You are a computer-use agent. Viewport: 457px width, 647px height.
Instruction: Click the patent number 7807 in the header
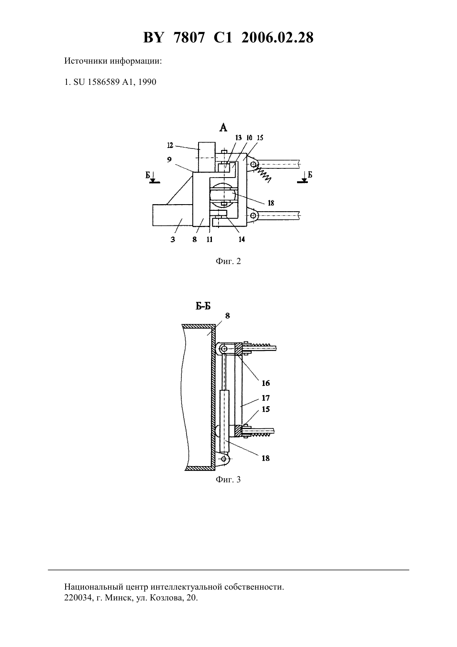[x=190, y=37]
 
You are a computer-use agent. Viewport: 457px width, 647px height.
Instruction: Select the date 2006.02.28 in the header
[x=277, y=37]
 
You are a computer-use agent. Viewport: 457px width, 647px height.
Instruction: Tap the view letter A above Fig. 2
[x=223, y=127]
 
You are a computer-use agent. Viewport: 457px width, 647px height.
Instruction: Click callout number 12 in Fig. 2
[x=170, y=145]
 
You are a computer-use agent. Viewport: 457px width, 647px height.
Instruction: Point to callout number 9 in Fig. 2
[x=169, y=159]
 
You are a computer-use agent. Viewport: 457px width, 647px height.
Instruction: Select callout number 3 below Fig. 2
[x=172, y=240]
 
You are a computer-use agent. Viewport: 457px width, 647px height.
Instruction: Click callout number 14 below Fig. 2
[x=241, y=239]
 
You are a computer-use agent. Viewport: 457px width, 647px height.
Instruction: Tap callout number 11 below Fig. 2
[x=209, y=239]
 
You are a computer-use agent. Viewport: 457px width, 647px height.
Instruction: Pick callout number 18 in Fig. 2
[x=270, y=203]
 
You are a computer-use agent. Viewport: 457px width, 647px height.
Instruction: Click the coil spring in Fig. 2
[x=262, y=174]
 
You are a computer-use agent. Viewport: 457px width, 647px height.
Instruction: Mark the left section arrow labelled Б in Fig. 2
[x=153, y=177]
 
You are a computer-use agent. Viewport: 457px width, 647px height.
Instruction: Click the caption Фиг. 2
[x=228, y=262]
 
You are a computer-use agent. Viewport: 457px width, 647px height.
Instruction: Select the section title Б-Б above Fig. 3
[x=203, y=306]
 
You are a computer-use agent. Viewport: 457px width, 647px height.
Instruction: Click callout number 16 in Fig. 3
[x=266, y=383]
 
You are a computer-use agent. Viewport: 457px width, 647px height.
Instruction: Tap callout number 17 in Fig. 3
[x=266, y=398]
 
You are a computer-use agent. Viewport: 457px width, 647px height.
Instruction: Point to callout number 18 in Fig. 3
[x=265, y=458]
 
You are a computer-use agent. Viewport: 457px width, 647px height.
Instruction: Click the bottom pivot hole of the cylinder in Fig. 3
[x=224, y=459]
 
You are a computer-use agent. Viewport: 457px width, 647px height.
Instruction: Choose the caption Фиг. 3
[x=228, y=480]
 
